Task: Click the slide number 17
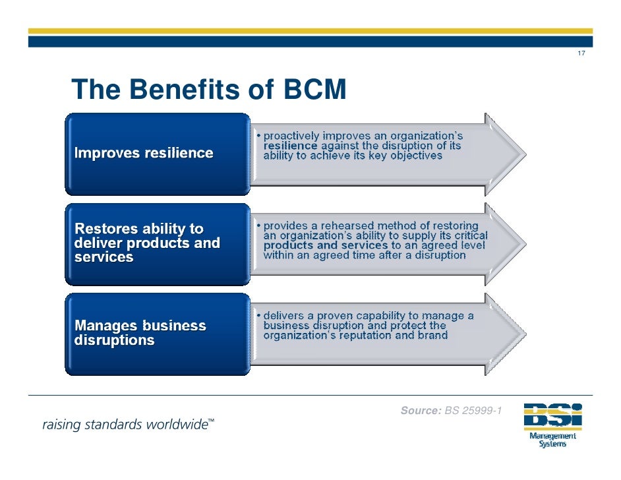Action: click(580, 53)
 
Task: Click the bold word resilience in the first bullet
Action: click(290, 146)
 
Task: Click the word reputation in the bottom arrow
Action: click(373, 335)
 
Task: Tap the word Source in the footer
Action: click(421, 411)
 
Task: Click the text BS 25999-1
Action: click(473, 411)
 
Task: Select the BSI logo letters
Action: click(552, 415)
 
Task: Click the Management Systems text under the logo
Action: click(552, 440)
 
